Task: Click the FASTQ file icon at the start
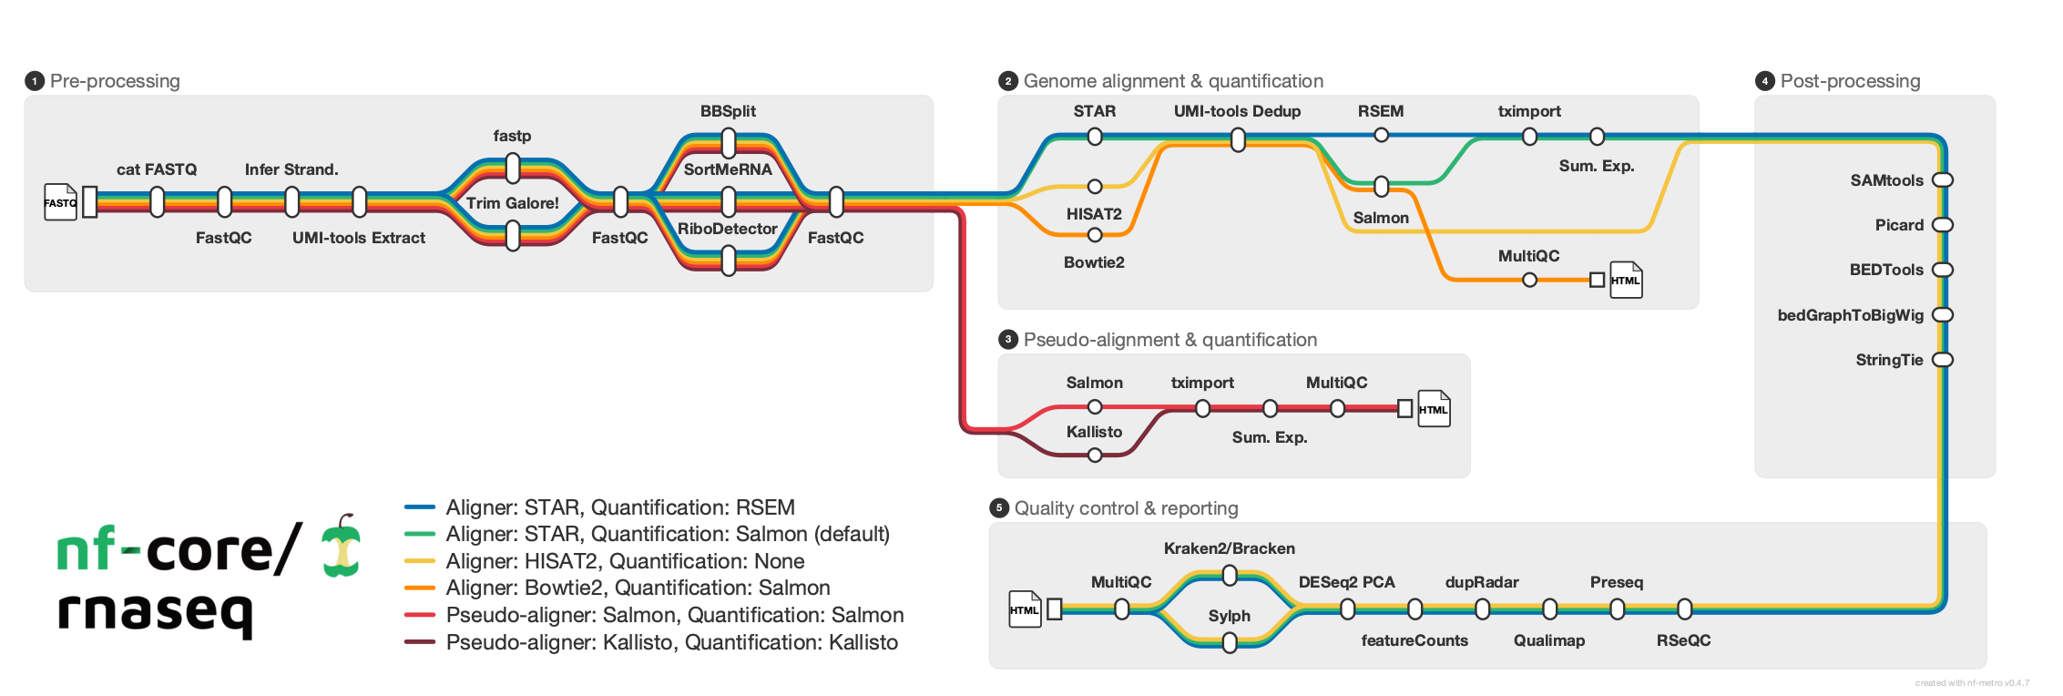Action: click(60, 202)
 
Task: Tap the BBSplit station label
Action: click(728, 111)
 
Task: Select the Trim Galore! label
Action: click(513, 203)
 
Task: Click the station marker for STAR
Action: click(1095, 137)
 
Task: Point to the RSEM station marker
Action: click(1381, 136)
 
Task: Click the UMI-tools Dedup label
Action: click(1237, 111)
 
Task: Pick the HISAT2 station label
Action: click(1094, 214)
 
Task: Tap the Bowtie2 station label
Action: click(1094, 262)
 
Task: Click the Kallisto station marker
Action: click(1095, 455)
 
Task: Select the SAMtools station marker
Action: click(1943, 180)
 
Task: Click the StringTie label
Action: click(1889, 360)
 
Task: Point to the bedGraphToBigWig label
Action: click(1850, 315)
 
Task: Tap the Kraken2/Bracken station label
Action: click(1229, 548)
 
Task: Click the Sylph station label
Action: click(1229, 616)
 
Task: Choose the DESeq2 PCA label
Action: click(1346, 582)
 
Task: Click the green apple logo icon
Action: click(342, 547)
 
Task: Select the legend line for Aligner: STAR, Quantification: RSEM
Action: click(420, 507)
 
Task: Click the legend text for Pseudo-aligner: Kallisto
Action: click(671, 642)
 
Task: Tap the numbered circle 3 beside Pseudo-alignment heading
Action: click(1007, 340)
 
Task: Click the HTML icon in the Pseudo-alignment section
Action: click(1433, 409)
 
